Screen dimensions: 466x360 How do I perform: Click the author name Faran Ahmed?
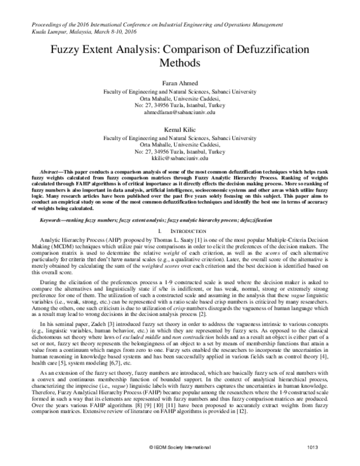pyautogui.click(x=180, y=83)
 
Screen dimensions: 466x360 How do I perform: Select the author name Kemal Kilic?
pyautogui.click(x=180, y=129)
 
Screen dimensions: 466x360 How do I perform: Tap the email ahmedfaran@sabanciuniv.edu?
pyautogui.click(x=180, y=112)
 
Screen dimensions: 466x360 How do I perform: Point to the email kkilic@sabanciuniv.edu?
pyautogui.click(x=180, y=157)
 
